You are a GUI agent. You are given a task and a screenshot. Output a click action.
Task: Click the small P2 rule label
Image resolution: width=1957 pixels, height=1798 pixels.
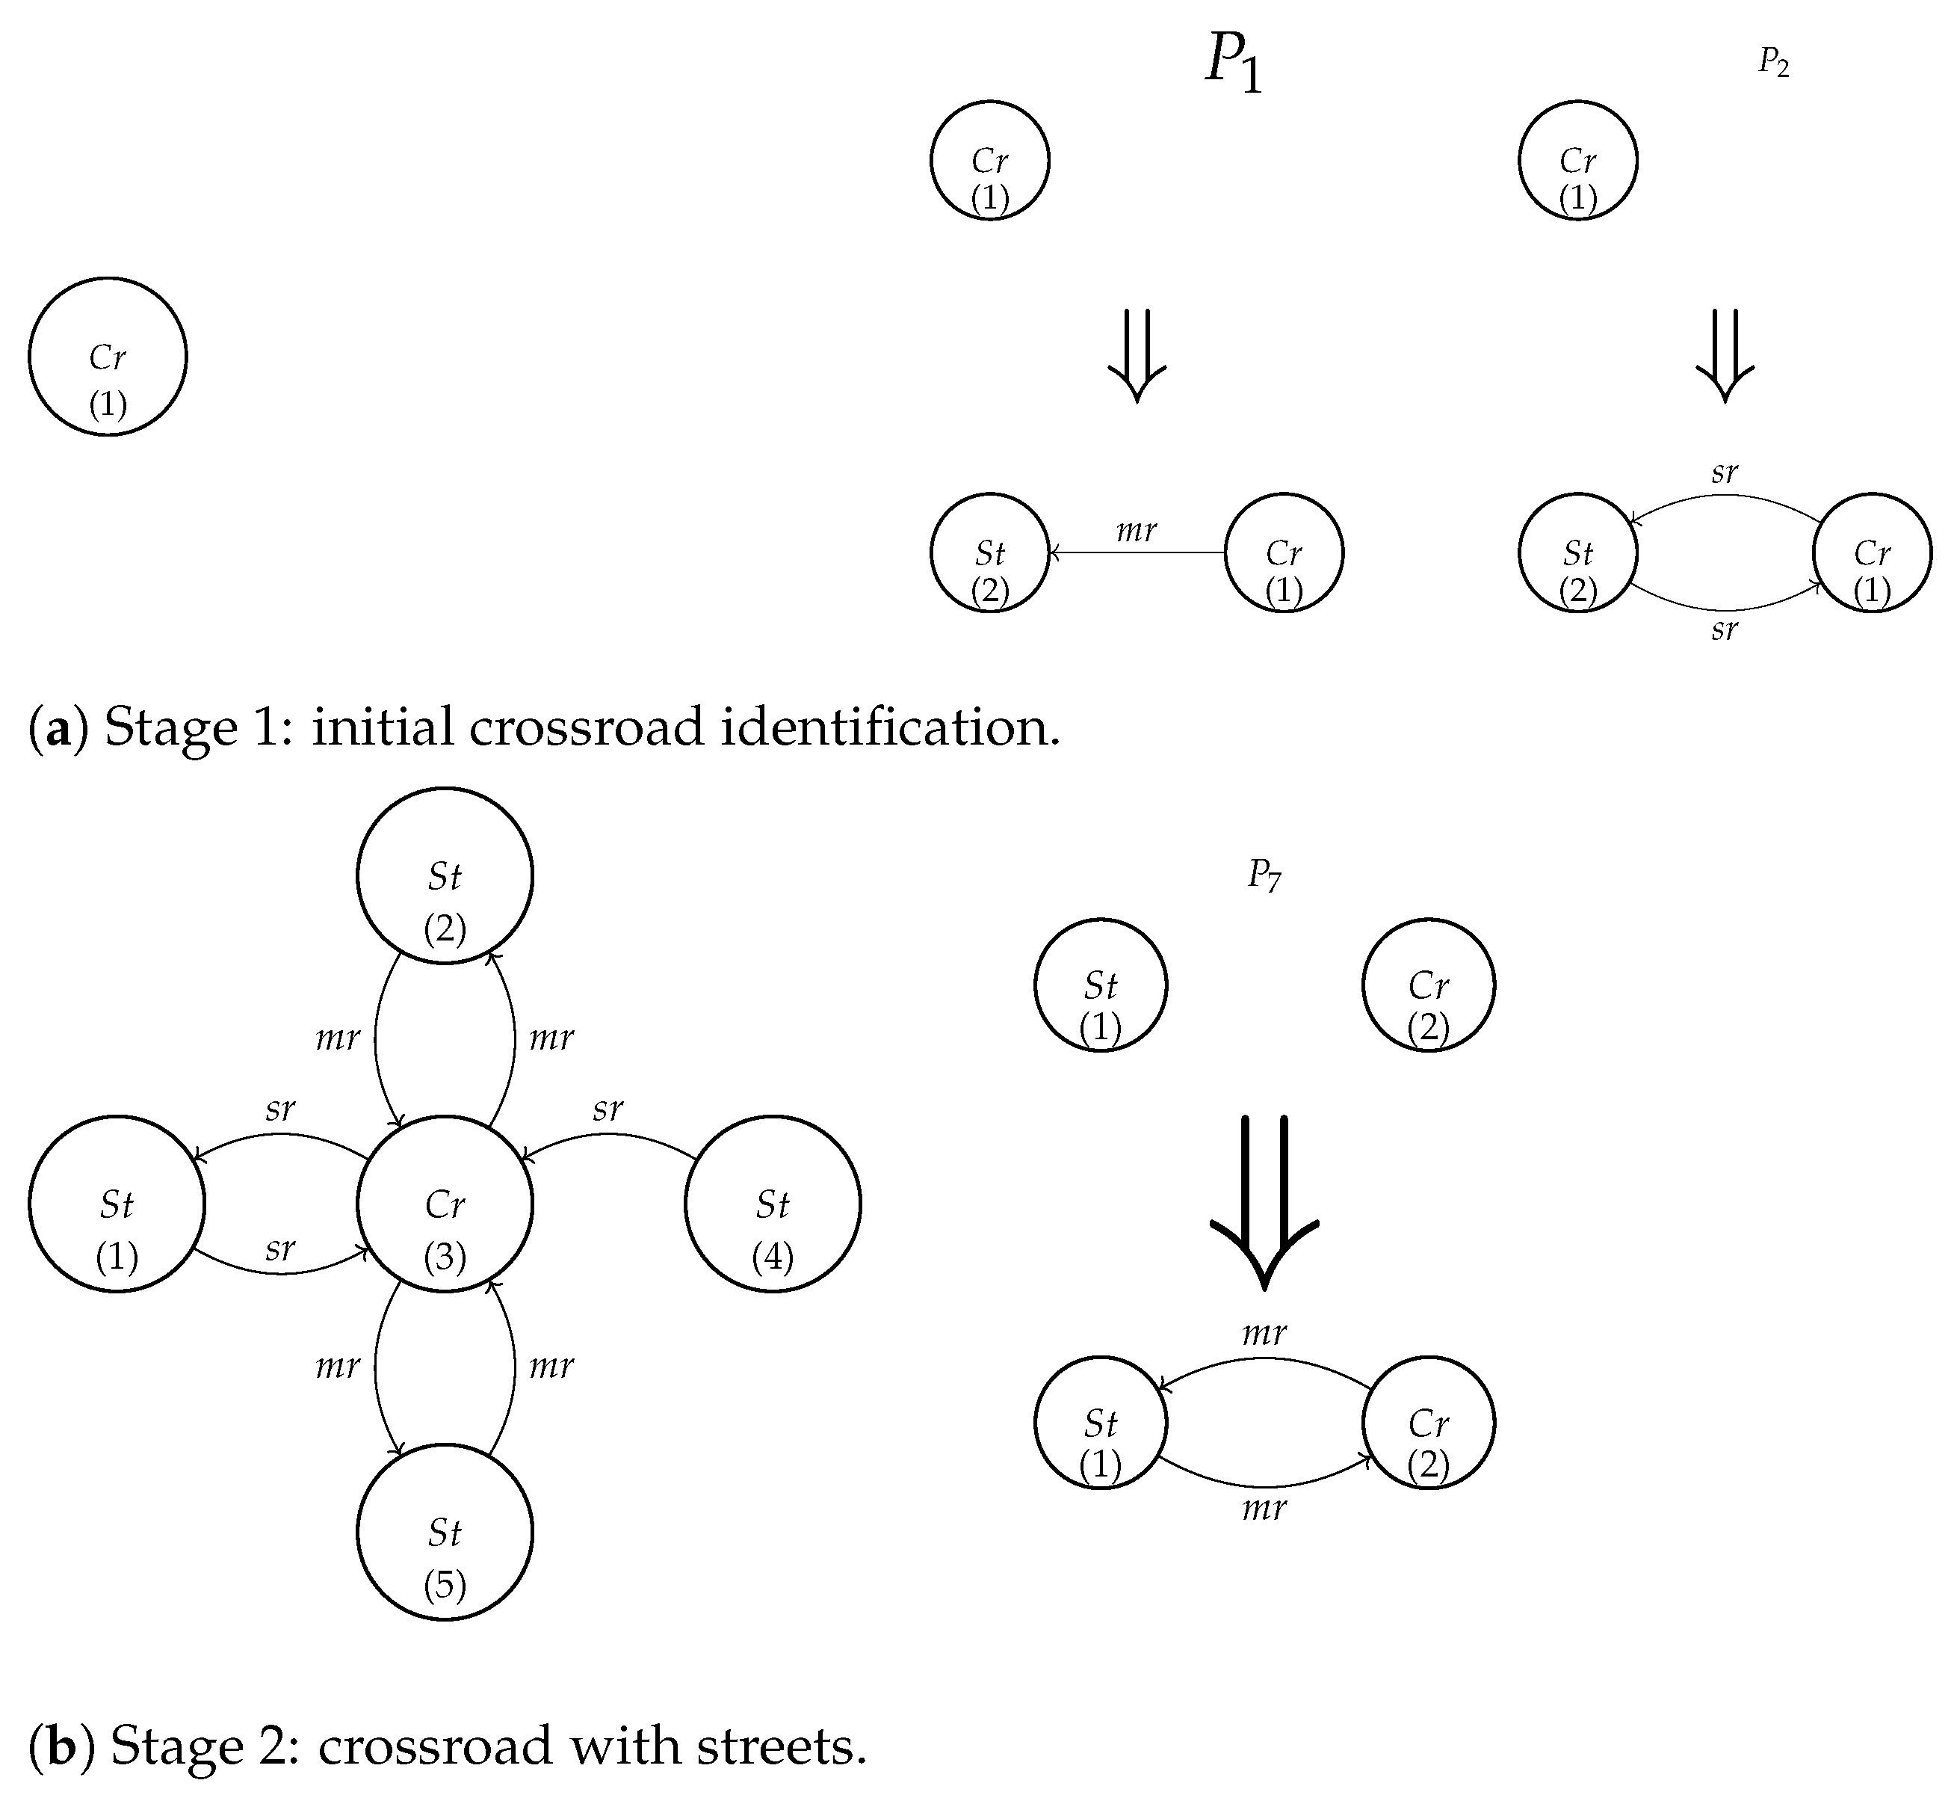click(x=1773, y=64)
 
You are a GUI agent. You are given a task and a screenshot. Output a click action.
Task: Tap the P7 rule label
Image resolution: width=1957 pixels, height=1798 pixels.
click(x=1264, y=875)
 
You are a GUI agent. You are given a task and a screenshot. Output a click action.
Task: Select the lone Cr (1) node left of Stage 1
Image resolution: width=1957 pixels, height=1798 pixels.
click(x=107, y=356)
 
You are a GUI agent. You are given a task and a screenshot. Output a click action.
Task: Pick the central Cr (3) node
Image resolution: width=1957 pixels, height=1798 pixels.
click(x=445, y=1204)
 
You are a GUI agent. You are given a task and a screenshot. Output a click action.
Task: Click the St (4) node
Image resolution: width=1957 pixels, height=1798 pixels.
click(x=773, y=1204)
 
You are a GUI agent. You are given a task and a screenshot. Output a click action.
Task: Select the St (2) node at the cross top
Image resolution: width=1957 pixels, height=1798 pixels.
click(x=445, y=875)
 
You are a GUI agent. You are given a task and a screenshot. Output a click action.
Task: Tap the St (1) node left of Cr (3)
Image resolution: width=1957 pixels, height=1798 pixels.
click(x=117, y=1204)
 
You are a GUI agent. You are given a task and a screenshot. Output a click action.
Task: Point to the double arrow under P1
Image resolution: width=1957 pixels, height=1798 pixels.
click(x=1136, y=355)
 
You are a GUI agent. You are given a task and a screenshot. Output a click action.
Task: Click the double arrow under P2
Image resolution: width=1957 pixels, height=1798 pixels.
click(x=1725, y=355)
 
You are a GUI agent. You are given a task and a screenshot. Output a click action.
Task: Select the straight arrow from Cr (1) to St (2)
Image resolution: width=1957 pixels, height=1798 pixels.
click(x=1136, y=552)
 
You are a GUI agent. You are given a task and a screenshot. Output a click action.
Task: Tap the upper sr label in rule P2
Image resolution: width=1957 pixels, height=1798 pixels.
click(x=1725, y=472)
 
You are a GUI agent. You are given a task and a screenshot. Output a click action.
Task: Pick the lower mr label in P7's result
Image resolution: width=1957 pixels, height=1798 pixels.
click(x=1264, y=1509)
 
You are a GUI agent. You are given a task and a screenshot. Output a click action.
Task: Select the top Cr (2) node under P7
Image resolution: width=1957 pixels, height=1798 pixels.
click(x=1428, y=985)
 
